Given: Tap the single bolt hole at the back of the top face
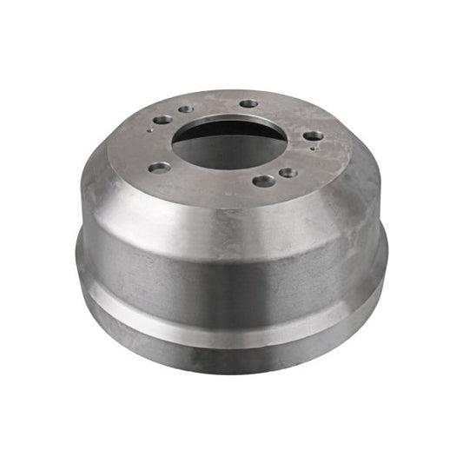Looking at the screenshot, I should point(249,103).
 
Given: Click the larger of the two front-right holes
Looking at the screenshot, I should point(262,181).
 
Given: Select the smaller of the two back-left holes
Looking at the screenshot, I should point(185,110).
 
